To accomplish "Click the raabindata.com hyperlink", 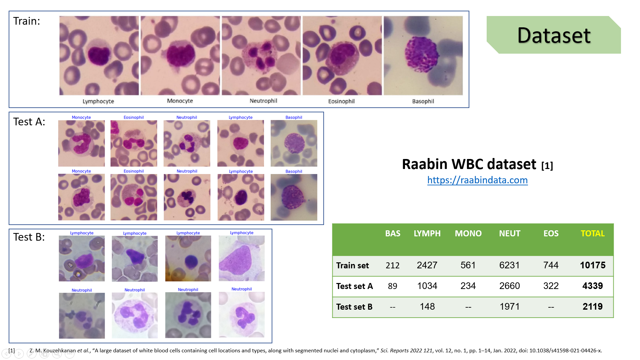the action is coord(477,180).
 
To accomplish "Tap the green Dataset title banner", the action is coord(554,35).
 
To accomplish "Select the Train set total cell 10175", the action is coord(592,265).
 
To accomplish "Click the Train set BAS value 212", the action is coord(392,265).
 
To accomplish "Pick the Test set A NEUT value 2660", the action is coord(509,286).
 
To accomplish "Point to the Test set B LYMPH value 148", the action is coord(427,307).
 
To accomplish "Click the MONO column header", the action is coord(468,233).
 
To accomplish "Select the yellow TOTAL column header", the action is coord(592,233).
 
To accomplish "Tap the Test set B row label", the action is coord(354,307).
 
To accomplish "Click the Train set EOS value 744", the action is coord(551,265).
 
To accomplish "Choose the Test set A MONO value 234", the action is coord(468,286).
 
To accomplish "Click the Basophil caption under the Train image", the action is coord(423,101).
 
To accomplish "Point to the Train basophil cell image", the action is coord(423,56).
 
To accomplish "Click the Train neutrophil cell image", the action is coord(261,56).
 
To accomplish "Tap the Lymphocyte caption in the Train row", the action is coord(98,101).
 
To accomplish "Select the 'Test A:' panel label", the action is coord(29,122).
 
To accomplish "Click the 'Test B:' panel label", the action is coord(29,237).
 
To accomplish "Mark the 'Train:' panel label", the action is coord(27,21).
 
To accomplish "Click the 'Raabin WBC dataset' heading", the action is coord(469,164).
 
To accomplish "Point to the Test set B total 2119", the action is coord(592,307).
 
